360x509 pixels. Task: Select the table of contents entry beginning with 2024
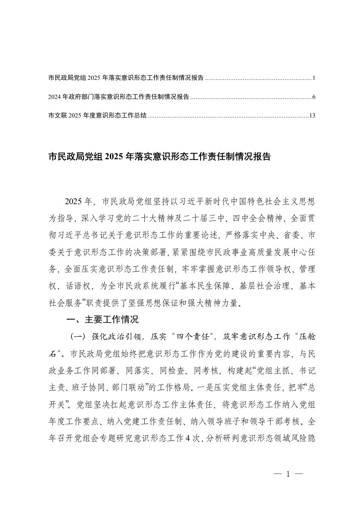(x=119, y=97)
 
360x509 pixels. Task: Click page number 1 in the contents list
(x=313, y=78)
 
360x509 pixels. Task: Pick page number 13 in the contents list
(x=312, y=115)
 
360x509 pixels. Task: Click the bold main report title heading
(x=159, y=157)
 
